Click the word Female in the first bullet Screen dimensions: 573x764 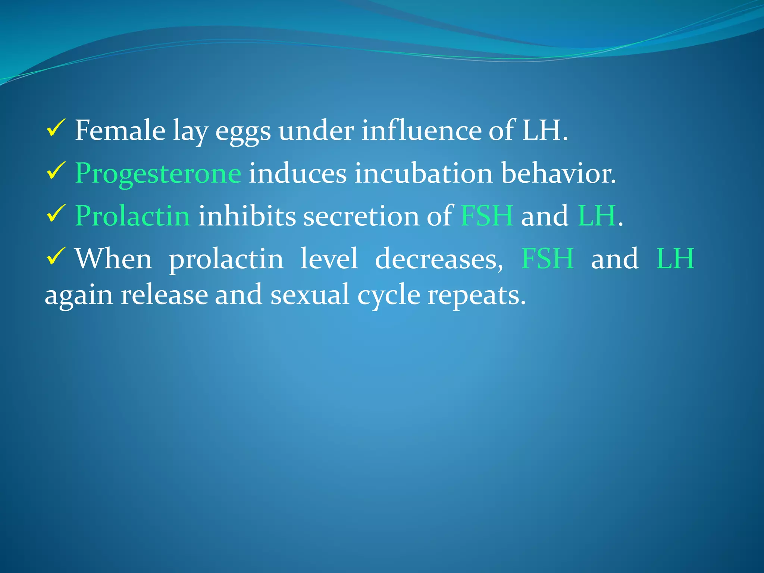click(120, 130)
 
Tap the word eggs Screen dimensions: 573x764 click(243, 131)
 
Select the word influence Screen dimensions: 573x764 click(421, 130)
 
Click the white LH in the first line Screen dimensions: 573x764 click(542, 130)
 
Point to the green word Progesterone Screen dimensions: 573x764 click(158, 174)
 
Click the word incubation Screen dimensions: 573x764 click(423, 173)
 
